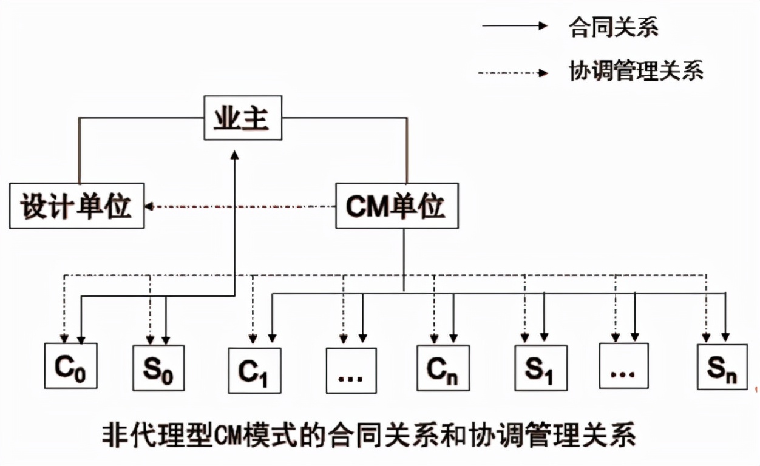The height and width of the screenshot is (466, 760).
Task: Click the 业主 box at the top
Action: coord(242,118)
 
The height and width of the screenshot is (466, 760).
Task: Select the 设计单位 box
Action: coord(77,206)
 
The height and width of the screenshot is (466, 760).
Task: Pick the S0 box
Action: coord(159,367)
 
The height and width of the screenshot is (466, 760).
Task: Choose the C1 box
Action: coord(254,370)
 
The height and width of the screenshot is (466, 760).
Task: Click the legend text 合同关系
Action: coord(613,27)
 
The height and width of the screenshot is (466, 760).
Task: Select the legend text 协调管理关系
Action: coord(636,72)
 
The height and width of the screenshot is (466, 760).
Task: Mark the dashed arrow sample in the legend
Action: coord(513,73)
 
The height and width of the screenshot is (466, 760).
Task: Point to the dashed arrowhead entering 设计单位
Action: coord(149,206)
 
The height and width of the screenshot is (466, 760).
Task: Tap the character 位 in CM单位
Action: coord(432,206)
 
